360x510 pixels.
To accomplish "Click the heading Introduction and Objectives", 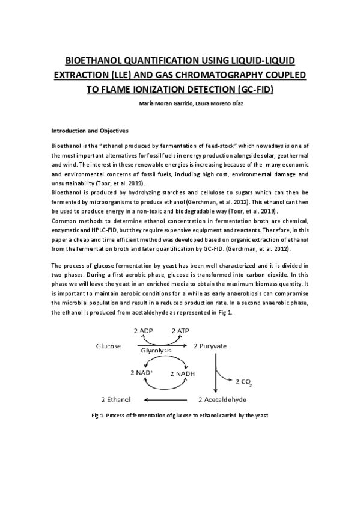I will pyautogui.click(x=90, y=130).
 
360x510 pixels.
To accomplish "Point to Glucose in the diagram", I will pyautogui.click(x=108, y=346).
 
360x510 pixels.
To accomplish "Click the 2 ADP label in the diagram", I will pyautogui.click(x=144, y=331).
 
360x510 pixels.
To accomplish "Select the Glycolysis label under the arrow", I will pyautogui.click(x=156, y=350).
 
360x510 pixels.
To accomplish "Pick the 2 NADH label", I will pyautogui.click(x=180, y=374).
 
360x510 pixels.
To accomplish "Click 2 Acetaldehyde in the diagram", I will pyautogui.click(x=221, y=399).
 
